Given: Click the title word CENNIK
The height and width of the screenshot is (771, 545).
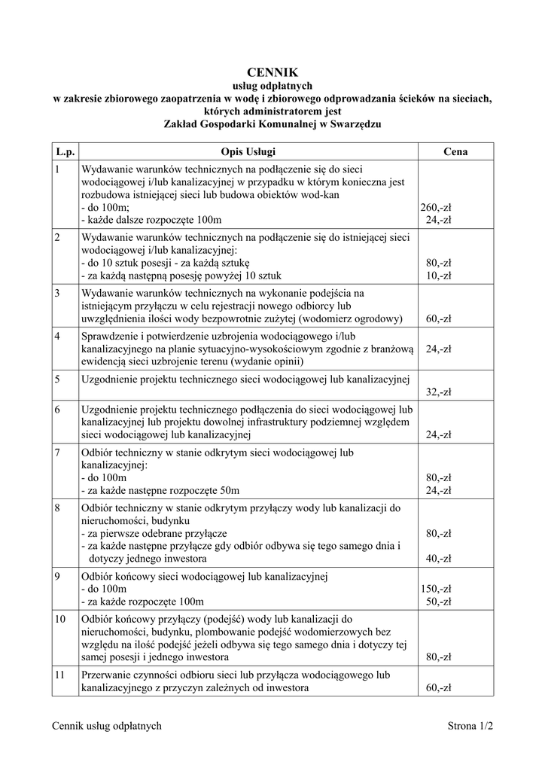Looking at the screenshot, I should (272, 72).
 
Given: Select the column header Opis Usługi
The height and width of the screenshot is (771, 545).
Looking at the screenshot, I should (248, 151).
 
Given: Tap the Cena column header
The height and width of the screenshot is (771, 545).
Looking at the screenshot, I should (455, 151).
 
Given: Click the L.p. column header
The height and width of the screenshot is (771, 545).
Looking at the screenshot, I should (62, 151).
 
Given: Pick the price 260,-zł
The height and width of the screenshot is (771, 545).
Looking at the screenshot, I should (436, 207).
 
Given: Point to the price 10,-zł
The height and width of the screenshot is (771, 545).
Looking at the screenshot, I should (438, 276).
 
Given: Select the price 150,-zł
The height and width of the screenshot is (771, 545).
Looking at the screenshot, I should (436, 589).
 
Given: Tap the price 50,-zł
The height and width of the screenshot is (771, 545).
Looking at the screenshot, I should (438, 602).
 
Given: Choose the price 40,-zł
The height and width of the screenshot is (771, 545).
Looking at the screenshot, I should (438, 559).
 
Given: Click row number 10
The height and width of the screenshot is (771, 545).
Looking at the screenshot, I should (60, 619).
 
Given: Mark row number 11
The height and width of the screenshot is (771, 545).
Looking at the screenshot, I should (60, 675).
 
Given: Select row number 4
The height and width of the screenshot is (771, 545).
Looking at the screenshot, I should (57, 336).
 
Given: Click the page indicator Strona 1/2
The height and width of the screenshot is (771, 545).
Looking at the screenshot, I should (470, 726).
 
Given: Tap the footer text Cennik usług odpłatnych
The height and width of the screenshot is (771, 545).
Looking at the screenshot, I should (107, 726).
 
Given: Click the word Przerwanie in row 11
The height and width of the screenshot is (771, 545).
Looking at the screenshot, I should (105, 675).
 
